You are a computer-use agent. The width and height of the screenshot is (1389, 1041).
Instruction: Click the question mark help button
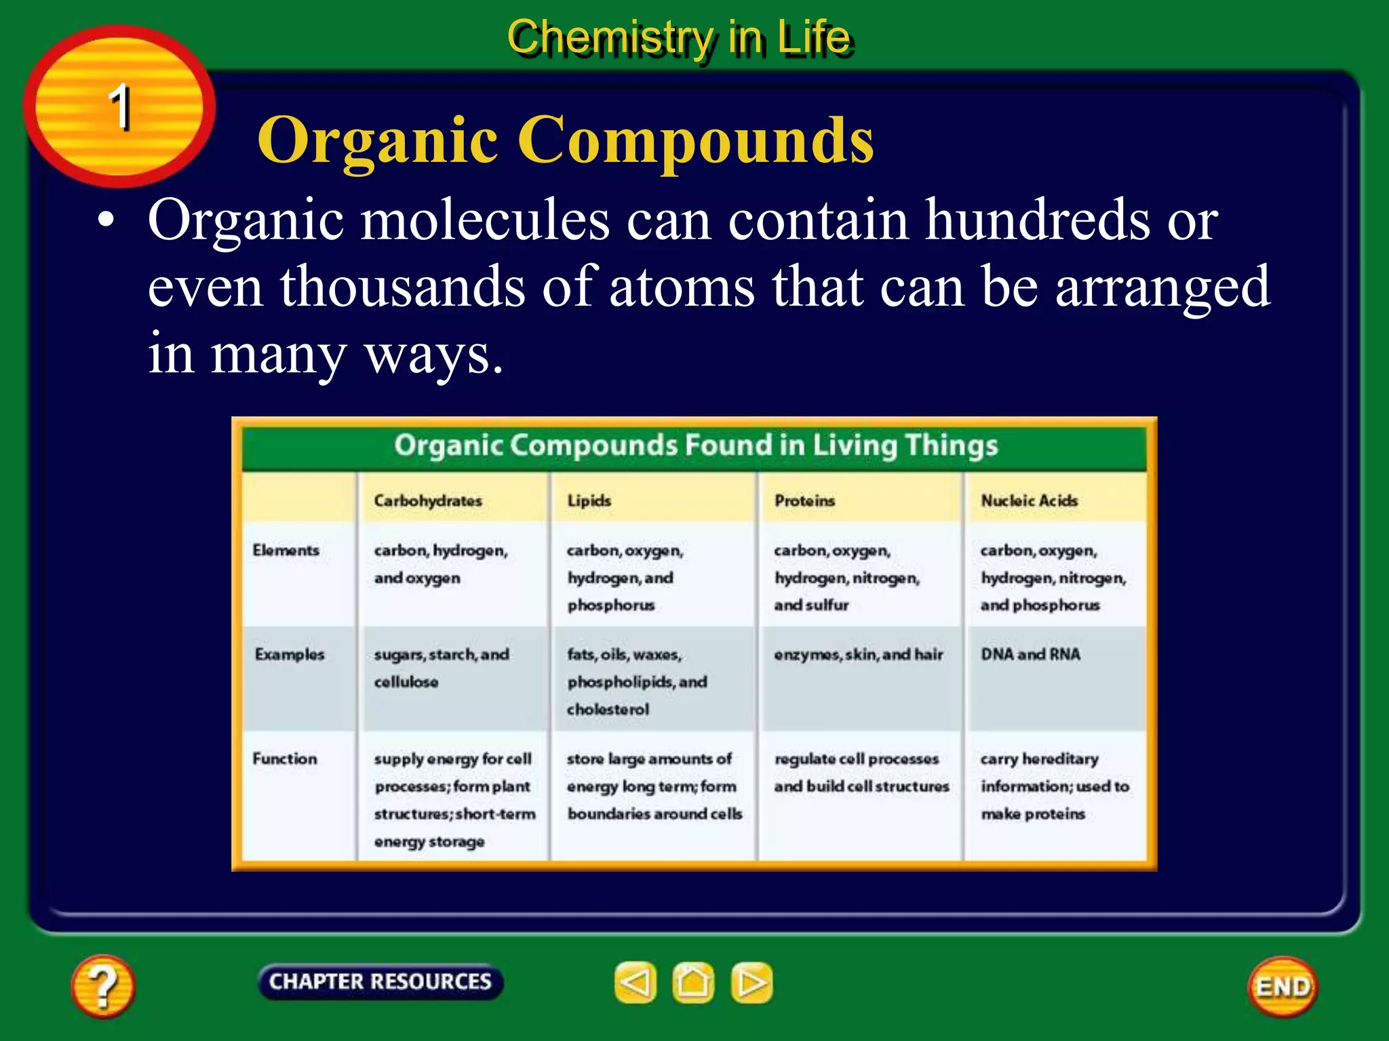[102, 985]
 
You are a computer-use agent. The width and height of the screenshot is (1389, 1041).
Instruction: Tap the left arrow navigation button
[635, 983]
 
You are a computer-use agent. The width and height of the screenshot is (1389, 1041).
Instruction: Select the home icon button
[693, 983]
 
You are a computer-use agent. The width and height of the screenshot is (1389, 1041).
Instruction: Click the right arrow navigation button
[751, 983]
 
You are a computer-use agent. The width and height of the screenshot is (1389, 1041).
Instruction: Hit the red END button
[1283, 987]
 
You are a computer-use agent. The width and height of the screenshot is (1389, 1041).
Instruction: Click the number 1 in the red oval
[119, 106]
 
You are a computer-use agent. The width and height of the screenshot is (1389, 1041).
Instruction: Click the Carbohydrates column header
[428, 501]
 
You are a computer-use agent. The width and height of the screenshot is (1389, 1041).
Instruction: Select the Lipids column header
[589, 501]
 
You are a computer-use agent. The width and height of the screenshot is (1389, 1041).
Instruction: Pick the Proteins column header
[805, 501]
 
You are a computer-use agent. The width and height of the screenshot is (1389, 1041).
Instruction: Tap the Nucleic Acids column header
[1030, 501]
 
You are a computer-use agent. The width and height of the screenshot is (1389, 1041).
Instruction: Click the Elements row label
[286, 550]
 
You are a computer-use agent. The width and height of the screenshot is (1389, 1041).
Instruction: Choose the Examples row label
[290, 655]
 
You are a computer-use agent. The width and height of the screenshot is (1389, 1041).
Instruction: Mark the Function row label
[285, 758]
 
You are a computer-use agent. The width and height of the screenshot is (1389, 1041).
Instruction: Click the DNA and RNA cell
[1030, 655]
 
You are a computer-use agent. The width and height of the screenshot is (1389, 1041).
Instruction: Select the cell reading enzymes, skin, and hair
[859, 655]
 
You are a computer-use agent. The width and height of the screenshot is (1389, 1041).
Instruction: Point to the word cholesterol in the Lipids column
[608, 710]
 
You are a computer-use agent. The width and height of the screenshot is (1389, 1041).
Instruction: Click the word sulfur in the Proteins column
[828, 605]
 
